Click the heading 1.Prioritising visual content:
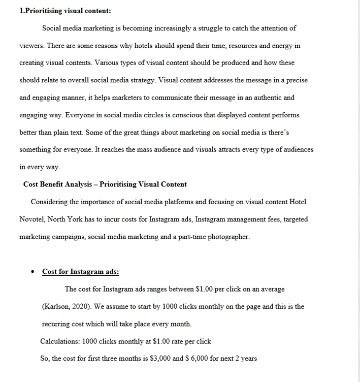tap(65, 11)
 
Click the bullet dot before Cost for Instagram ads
tap(32, 272)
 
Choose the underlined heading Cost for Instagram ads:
tap(81, 272)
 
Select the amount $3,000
tap(161, 359)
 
